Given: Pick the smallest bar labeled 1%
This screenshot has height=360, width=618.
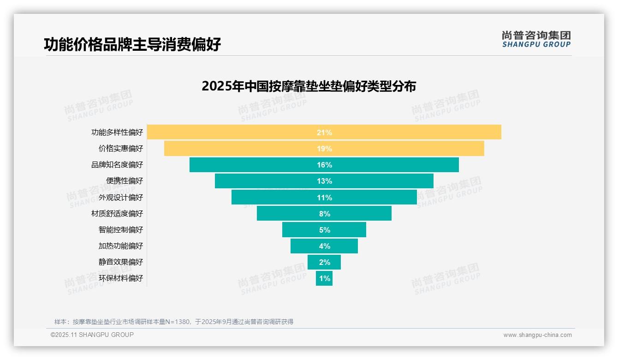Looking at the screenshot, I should pyautogui.click(x=324, y=278).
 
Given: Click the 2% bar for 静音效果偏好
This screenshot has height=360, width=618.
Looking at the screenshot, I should pyautogui.click(x=324, y=262).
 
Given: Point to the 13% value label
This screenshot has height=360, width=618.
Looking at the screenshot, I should pyautogui.click(x=324, y=181).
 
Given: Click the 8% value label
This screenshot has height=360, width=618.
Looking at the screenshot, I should pyautogui.click(x=324, y=214).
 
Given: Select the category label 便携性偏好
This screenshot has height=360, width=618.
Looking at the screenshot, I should pyautogui.click(x=125, y=181).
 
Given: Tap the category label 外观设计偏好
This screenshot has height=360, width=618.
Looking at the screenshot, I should pyautogui.click(x=121, y=198).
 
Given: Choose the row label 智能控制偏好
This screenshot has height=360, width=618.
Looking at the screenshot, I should pyautogui.click(x=121, y=230).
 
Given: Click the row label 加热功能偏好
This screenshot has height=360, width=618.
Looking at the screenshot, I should pyautogui.click(x=121, y=246).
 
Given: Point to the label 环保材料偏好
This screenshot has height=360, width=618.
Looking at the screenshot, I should pyautogui.click(x=121, y=278).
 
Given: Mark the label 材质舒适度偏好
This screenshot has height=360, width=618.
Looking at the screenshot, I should pyautogui.click(x=117, y=214).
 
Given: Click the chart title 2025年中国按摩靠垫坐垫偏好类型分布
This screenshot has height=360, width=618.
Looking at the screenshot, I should pyautogui.click(x=309, y=86).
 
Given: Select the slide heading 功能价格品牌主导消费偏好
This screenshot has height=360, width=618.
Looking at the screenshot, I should pyautogui.click(x=132, y=44).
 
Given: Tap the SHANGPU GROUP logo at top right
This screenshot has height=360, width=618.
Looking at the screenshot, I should pyautogui.click(x=536, y=39).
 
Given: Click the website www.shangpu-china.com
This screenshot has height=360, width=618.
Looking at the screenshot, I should pyautogui.click(x=537, y=335).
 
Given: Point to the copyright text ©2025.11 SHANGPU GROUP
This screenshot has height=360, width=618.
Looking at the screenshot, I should pyautogui.click(x=92, y=335).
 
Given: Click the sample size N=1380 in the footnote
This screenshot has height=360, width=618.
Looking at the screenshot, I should pyautogui.click(x=176, y=322).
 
